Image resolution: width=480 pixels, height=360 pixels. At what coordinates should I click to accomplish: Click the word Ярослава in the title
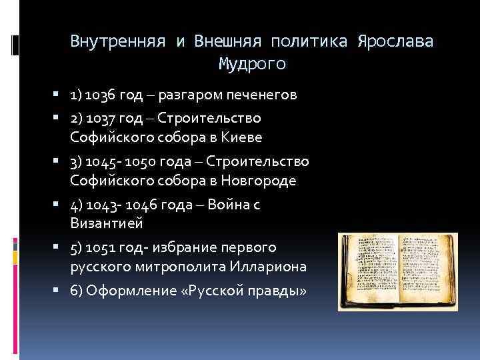395,41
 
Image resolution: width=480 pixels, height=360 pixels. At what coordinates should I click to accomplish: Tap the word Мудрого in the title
252,64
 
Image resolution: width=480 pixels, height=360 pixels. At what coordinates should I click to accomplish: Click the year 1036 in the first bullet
101,95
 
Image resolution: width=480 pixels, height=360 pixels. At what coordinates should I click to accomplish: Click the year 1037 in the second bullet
101,118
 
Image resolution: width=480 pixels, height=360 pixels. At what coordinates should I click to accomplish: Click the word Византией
106,223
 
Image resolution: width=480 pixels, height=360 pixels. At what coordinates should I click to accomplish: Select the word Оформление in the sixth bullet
125,291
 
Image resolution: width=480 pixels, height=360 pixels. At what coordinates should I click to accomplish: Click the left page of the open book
369,266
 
